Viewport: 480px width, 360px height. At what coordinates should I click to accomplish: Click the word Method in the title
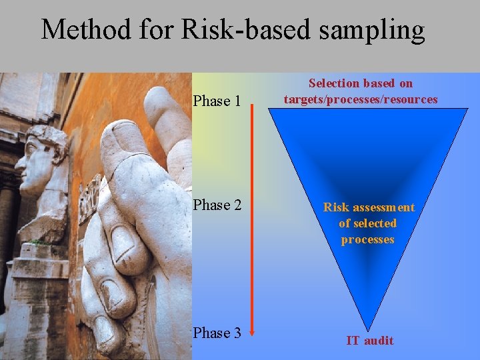(86, 30)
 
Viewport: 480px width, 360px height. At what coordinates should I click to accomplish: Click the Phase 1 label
(217, 101)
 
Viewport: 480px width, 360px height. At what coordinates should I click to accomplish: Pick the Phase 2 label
(217, 205)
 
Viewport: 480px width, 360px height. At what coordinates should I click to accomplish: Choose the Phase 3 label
(217, 333)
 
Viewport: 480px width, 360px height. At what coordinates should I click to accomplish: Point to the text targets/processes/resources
(361, 99)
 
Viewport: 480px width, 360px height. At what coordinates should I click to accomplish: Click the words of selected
(367, 223)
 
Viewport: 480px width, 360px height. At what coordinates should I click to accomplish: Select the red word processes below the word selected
(367, 239)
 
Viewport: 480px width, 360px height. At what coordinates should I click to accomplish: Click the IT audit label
(370, 341)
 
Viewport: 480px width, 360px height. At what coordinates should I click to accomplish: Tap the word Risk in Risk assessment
(336, 207)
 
